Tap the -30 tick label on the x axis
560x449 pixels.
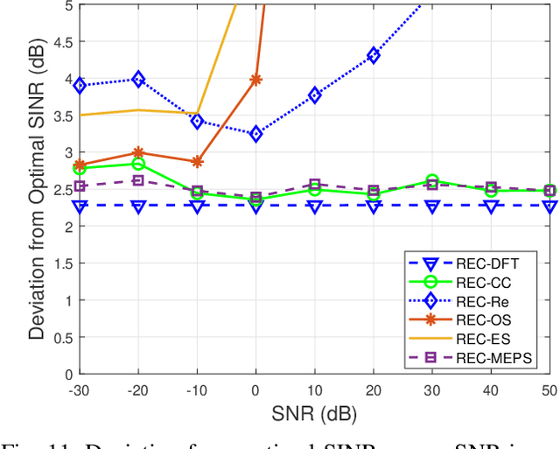(80, 388)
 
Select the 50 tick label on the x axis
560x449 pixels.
(549, 388)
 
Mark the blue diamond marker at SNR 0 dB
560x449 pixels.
(255, 134)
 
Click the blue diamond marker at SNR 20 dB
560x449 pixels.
(374, 55)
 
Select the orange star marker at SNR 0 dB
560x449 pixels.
(255, 80)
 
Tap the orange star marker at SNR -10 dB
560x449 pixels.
(197, 162)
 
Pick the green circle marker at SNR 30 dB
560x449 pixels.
(432, 181)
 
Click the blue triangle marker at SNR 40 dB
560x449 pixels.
(491, 206)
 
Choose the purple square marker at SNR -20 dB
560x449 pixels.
(138, 180)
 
